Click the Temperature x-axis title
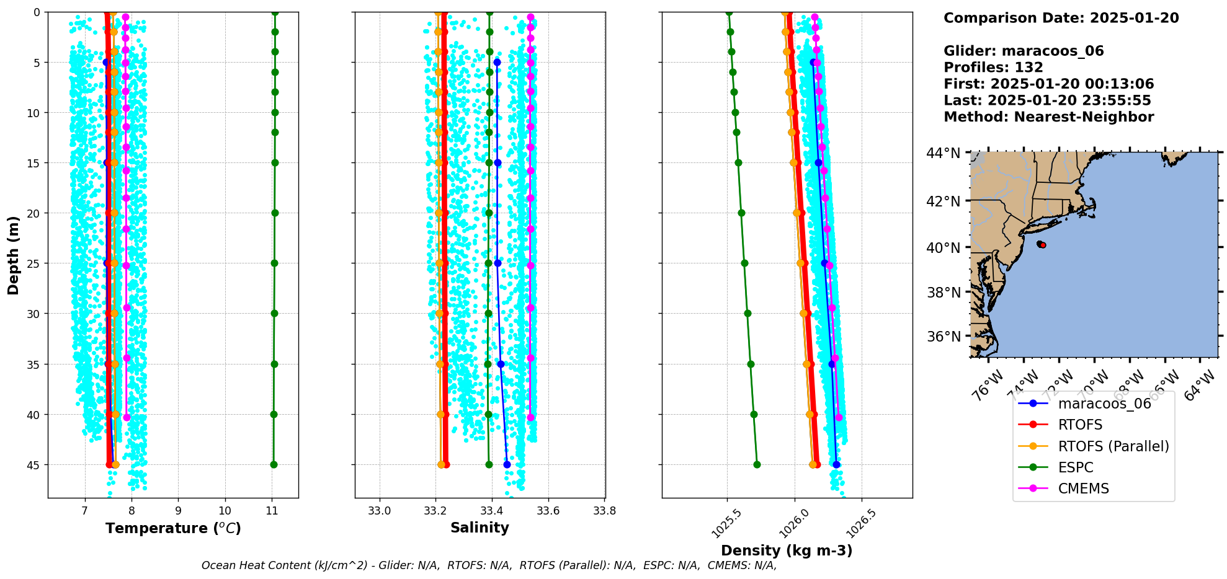point(173,528)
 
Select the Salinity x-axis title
point(480,528)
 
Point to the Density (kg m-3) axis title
point(786,550)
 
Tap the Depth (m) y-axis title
point(14,255)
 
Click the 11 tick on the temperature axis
point(272,511)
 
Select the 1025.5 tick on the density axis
point(725,524)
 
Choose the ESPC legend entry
point(1075,467)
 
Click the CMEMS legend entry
point(1083,488)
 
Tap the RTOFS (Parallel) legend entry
point(1113,446)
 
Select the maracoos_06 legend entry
point(1104,404)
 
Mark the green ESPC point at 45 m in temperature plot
point(274,464)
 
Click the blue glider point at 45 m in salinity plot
point(507,464)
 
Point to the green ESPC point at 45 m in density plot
point(757,464)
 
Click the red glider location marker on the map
point(1042,245)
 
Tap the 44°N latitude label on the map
point(943,153)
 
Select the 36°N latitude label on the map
point(943,337)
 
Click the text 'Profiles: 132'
point(993,68)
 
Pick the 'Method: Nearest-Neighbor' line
point(1048,117)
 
